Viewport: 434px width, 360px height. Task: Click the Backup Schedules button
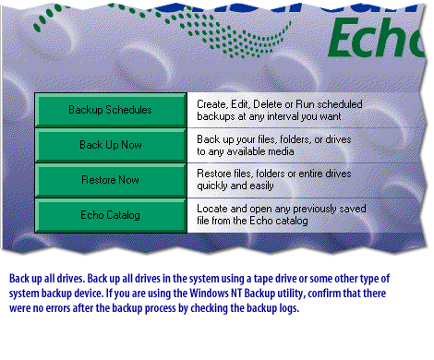click(x=110, y=110)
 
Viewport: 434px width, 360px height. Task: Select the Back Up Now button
click(x=110, y=145)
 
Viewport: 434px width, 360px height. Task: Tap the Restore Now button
click(x=110, y=180)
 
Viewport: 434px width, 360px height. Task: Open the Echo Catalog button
click(x=110, y=215)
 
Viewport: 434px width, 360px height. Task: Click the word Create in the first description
click(x=212, y=104)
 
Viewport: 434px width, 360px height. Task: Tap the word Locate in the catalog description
click(x=214, y=210)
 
